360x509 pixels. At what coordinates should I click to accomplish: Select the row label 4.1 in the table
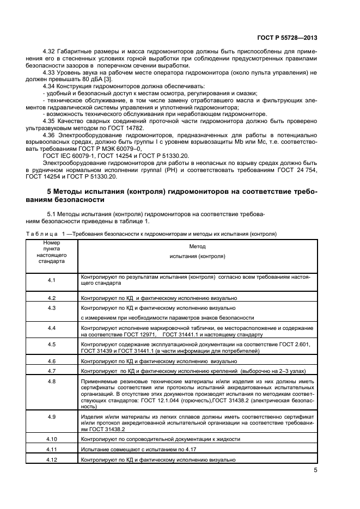pos(52,280)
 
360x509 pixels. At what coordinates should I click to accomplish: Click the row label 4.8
pos(52,381)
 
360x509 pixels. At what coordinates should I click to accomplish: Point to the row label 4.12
pos(52,459)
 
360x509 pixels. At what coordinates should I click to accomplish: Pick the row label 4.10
pos(52,438)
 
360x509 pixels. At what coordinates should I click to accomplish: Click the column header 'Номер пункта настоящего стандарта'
pos(52,252)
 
